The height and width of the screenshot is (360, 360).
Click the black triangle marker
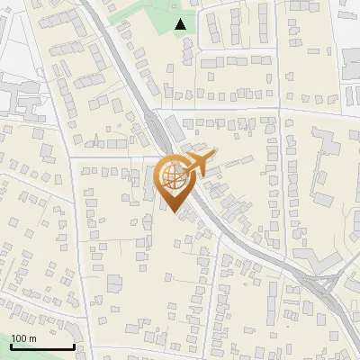click(181, 24)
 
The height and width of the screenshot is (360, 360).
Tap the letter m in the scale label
click(33, 338)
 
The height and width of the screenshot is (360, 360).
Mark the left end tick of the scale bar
click(11, 346)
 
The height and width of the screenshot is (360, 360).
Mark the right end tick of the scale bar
click(74, 346)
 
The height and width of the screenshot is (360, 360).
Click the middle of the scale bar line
click(42, 346)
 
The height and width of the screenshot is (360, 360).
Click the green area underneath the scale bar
click(36, 355)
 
